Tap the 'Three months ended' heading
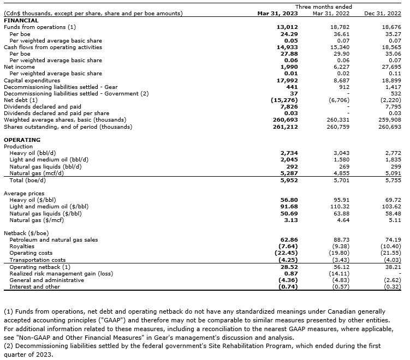pos(332,7)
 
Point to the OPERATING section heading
pos(22,140)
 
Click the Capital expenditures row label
pos(32,80)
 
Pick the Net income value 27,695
pos(391,67)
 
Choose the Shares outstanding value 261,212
pos(284,127)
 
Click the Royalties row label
pos(23,247)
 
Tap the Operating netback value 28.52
pos(288,267)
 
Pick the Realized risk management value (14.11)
pos(340,273)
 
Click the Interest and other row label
pos(35,286)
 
